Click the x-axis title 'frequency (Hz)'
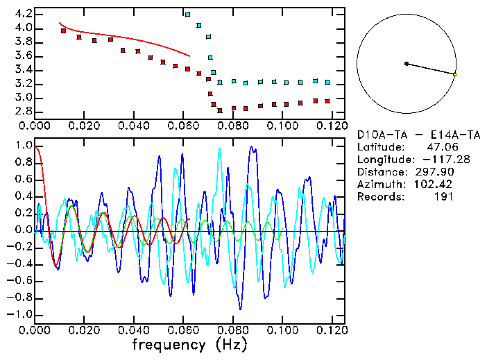pyautogui.click(x=189, y=344)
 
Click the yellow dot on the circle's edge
pyautogui.click(x=454, y=74)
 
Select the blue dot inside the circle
pyautogui.click(x=407, y=64)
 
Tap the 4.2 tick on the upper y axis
pyautogui.click(x=23, y=14)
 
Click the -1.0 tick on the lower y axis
pyautogui.click(x=20, y=314)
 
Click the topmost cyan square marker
pyautogui.click(x=187, y=14)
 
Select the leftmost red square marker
pyautogui.click(x=63, y=31)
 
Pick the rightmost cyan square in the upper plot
pyautogui.click(x=327, y=82)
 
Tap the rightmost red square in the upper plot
pyautogui.click(x=327, y=101)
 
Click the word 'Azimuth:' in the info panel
pyautogui.click(x=379, y=185)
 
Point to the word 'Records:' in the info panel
pyautogui.click(x=379, y=197)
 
